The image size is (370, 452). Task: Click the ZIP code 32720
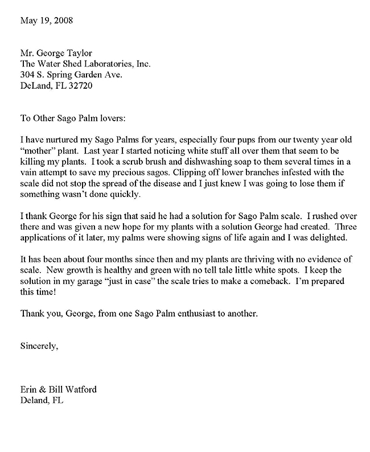point(80,87)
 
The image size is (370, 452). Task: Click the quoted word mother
point(37,151)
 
